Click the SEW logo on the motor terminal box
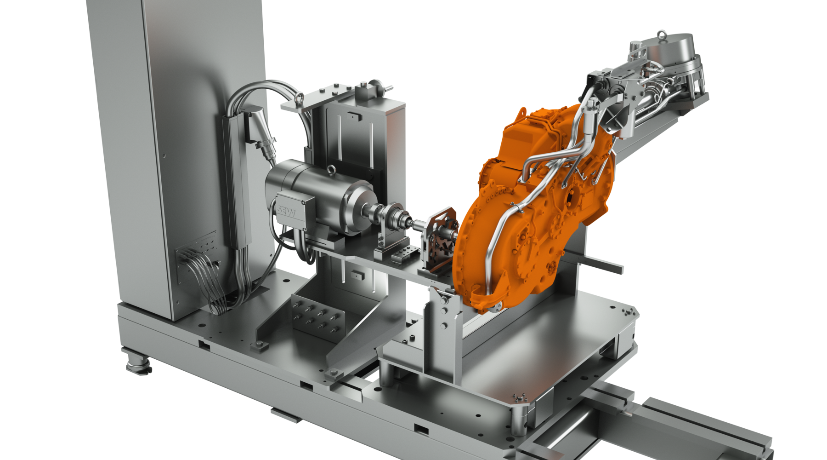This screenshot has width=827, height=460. point(286,212)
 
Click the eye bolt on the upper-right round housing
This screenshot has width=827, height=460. point(661,34)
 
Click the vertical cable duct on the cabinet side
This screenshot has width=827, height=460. point(235,184)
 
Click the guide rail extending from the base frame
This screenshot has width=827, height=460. point(680,428)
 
